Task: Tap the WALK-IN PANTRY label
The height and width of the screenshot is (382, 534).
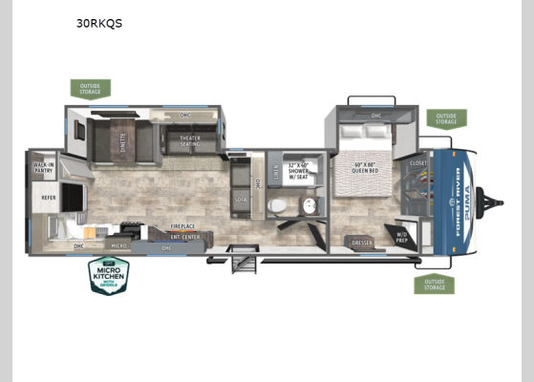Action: coord(43,170)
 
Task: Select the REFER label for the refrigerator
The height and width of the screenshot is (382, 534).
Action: coord(48,198)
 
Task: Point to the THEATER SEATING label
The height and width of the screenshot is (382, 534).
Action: coord(190,141)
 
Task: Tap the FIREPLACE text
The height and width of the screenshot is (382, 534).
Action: coord(184,226)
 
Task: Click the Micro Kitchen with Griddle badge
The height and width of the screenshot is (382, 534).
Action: coord(110,275)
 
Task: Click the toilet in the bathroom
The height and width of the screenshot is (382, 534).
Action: coord(277,205)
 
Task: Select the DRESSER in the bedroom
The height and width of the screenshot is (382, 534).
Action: coord(362,243)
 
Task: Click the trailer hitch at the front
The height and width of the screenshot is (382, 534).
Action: coord(497,201)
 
